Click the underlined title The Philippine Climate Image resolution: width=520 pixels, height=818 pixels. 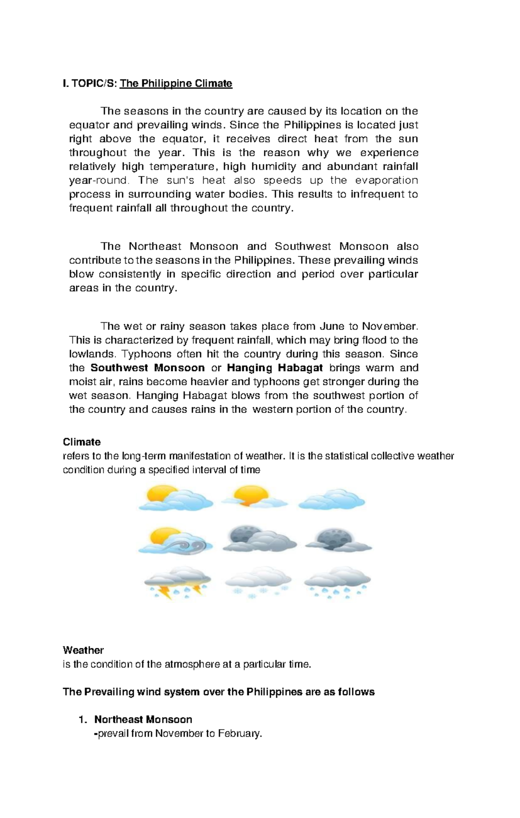coord(176,83)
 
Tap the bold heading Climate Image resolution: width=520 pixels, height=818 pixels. coord(81,442)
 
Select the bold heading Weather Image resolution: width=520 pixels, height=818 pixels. coord(83,650)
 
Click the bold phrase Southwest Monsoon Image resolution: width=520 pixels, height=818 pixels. coord(147,368)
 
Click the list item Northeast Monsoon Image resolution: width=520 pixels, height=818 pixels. coord(143,720)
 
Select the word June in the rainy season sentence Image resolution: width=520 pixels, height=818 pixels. coord(331,326)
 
